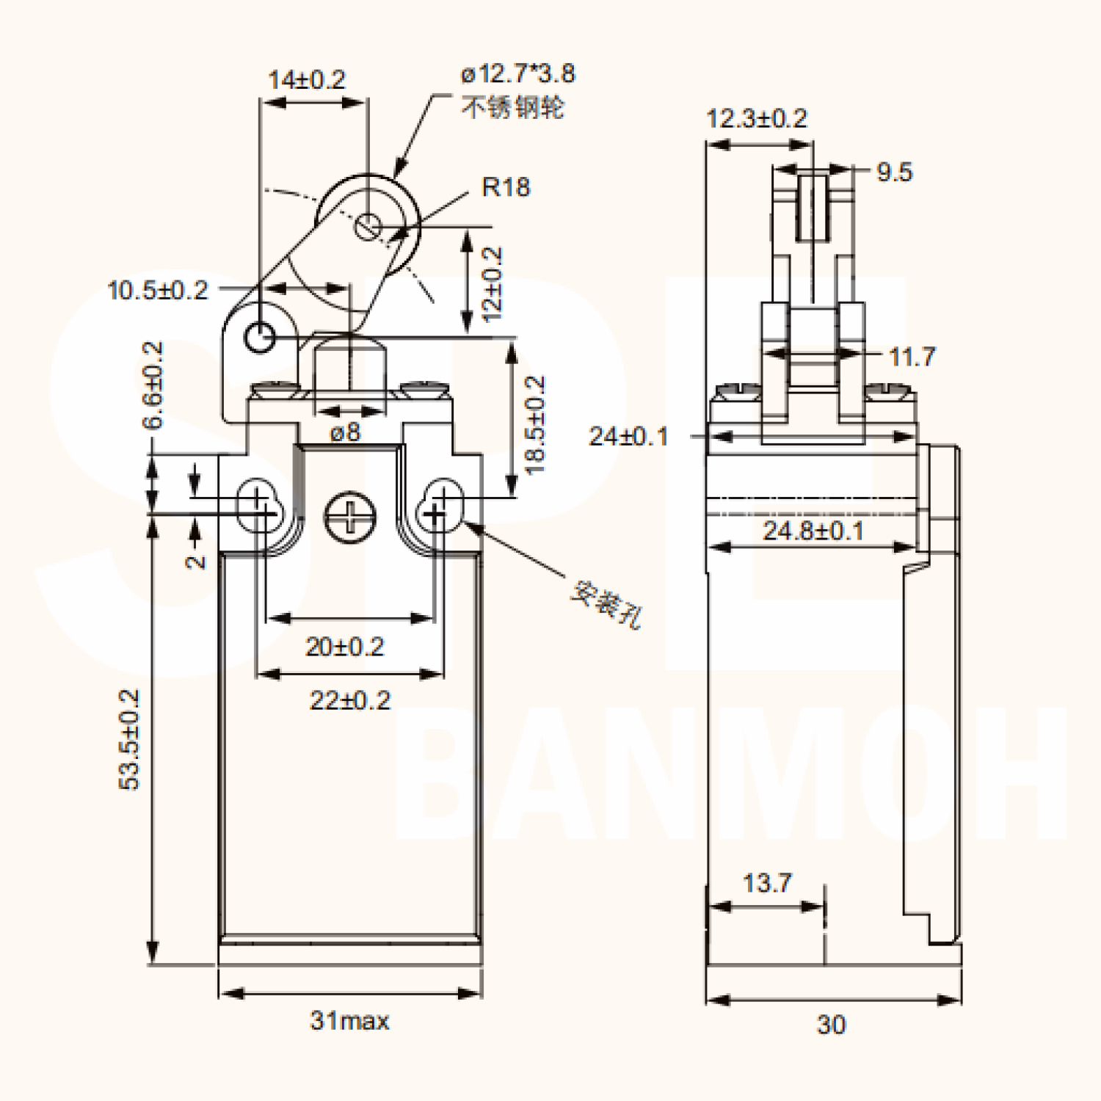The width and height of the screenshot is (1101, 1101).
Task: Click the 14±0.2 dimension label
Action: coord(307,79)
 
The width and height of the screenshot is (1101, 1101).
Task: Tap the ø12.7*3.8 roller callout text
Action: coord(518,73)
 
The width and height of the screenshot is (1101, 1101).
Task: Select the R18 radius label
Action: coord(506,186)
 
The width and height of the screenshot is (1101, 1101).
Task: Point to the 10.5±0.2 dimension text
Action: coord(158,290)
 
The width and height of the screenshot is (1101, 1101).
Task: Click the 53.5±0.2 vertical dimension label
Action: coord(129,739)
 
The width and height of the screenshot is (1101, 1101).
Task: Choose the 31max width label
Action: coord(349,1020)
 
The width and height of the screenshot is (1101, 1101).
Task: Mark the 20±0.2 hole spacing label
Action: coord(344,647)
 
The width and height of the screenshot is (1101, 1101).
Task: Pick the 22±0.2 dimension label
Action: coord(349,700)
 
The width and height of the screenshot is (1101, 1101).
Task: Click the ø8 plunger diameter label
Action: coord(345,432)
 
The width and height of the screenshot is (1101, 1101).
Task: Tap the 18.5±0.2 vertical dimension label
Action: coord(536,425)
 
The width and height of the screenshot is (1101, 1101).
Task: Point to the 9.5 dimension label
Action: coord(895,172)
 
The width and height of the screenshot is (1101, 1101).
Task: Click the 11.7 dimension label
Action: coord(912,357)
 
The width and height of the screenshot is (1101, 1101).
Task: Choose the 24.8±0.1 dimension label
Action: coord(813,530)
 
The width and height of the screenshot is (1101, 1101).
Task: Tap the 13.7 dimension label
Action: coord(767,882)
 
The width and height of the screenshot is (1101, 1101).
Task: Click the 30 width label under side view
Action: coord(831,1024)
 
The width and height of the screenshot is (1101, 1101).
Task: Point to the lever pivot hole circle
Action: coord(260,338)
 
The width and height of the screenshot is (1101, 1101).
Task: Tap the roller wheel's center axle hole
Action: coord(368,226)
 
